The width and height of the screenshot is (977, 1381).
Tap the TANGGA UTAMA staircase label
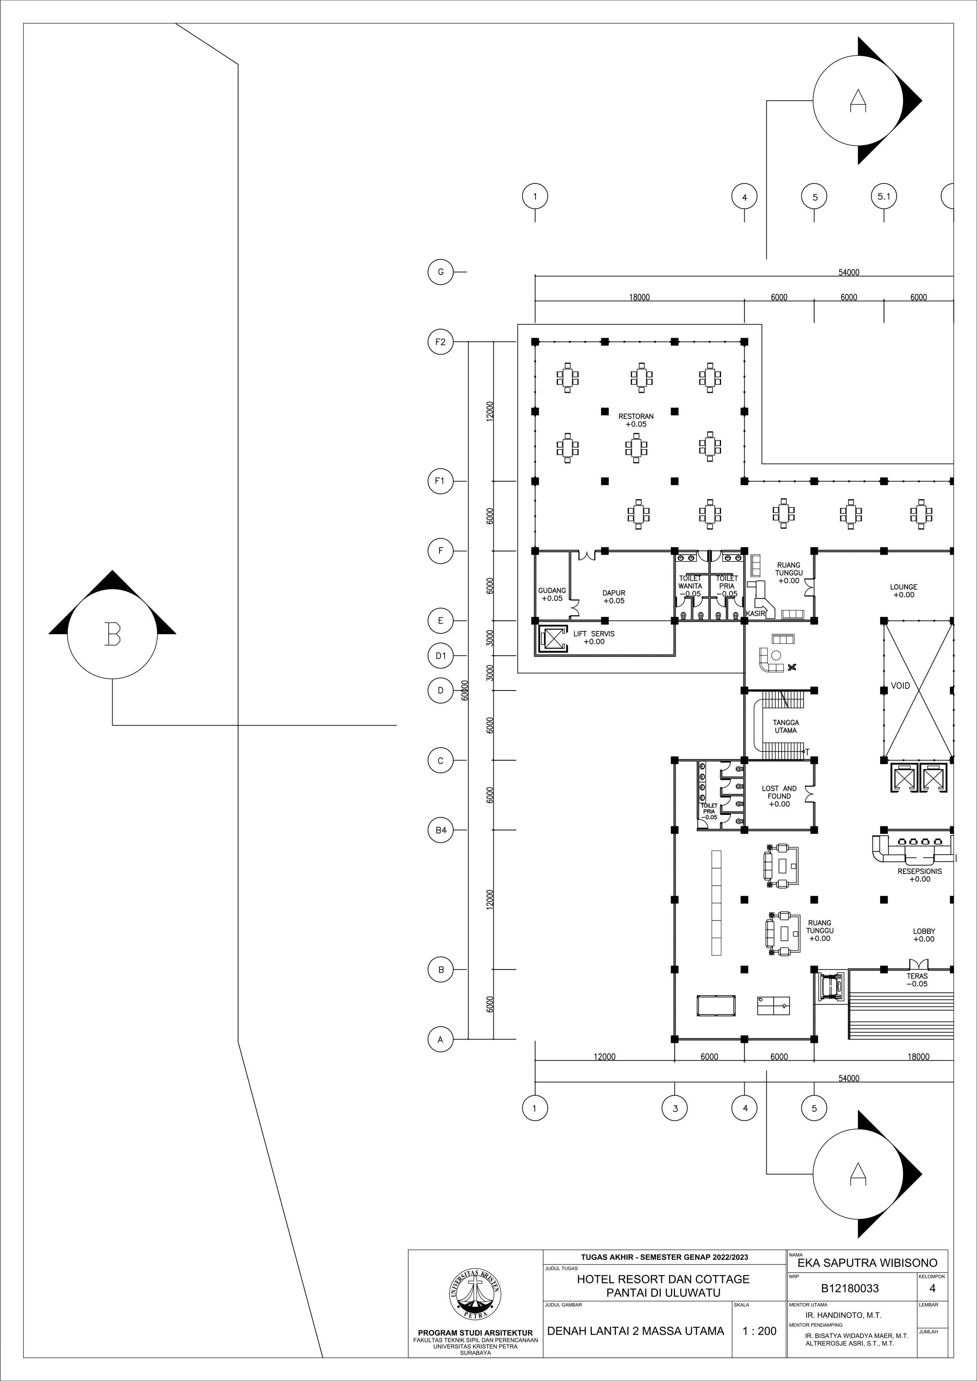point(786,727)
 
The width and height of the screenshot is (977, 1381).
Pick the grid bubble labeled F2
point(440,342)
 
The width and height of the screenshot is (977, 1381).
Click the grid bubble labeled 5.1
point(884,196)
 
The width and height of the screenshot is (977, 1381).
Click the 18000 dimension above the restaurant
point(640,297)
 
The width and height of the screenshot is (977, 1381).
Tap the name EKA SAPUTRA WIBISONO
point(867,1263)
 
